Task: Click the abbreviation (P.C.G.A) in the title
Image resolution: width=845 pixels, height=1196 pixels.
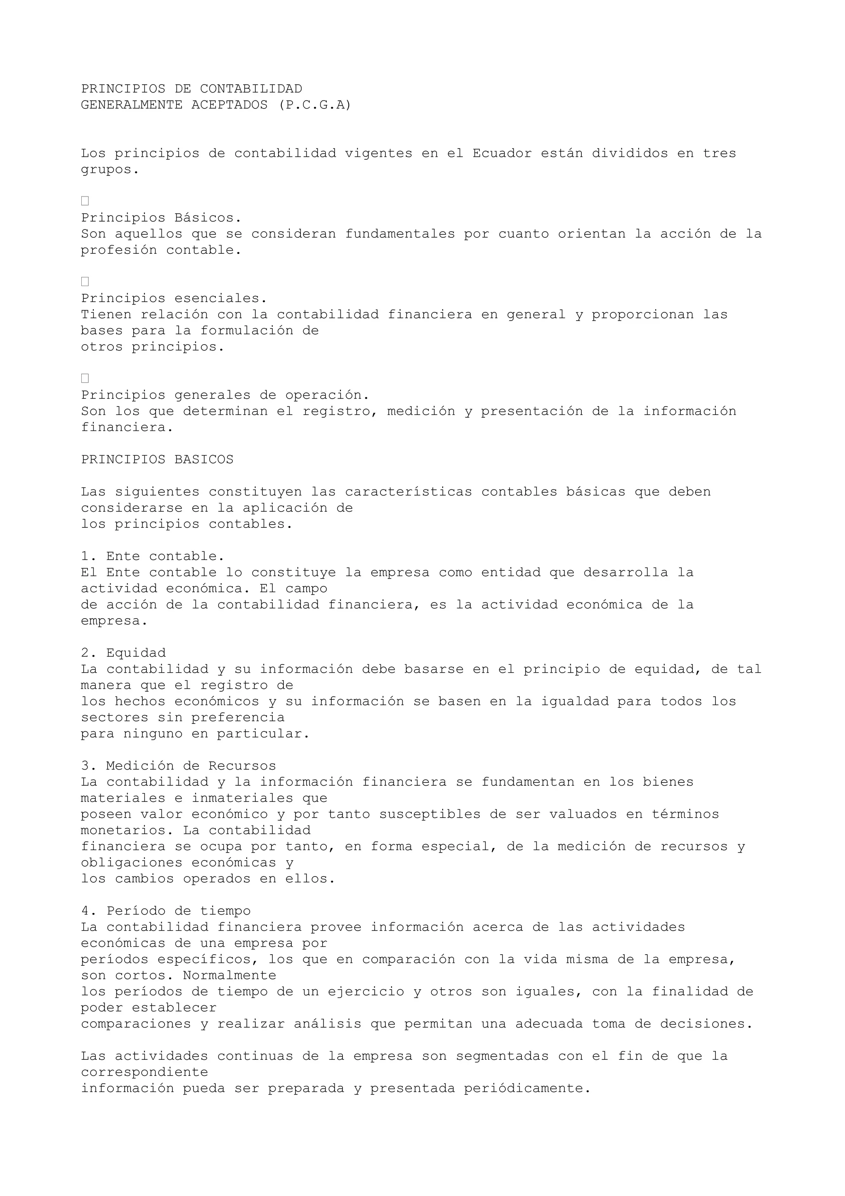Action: pyautogui.click(x=315, y=105)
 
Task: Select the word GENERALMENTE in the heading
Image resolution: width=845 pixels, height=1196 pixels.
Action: pyautogui.click(x=132, y=105)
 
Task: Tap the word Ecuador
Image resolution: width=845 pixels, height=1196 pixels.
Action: pyautogui.click(x=502, y=154)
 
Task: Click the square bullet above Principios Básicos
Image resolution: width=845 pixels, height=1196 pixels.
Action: pyautogui.click(x=85, y=201)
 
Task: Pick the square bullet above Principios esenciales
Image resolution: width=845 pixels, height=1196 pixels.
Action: pyautogui.click(x=85, y=282)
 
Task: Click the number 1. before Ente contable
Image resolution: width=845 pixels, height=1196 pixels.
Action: pyautogui.click(x=89, y=556)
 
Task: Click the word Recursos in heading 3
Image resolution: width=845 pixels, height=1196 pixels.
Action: pyautogui.click(x=242, y=766)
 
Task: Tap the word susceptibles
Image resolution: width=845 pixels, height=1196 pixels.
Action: pyautogui.click(x=430, y=814)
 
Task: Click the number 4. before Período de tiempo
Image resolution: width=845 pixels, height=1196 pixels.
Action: pyautogui.click(x=89, y=911)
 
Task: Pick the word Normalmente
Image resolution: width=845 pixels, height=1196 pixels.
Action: pyautogui.click(x=229, y=975)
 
